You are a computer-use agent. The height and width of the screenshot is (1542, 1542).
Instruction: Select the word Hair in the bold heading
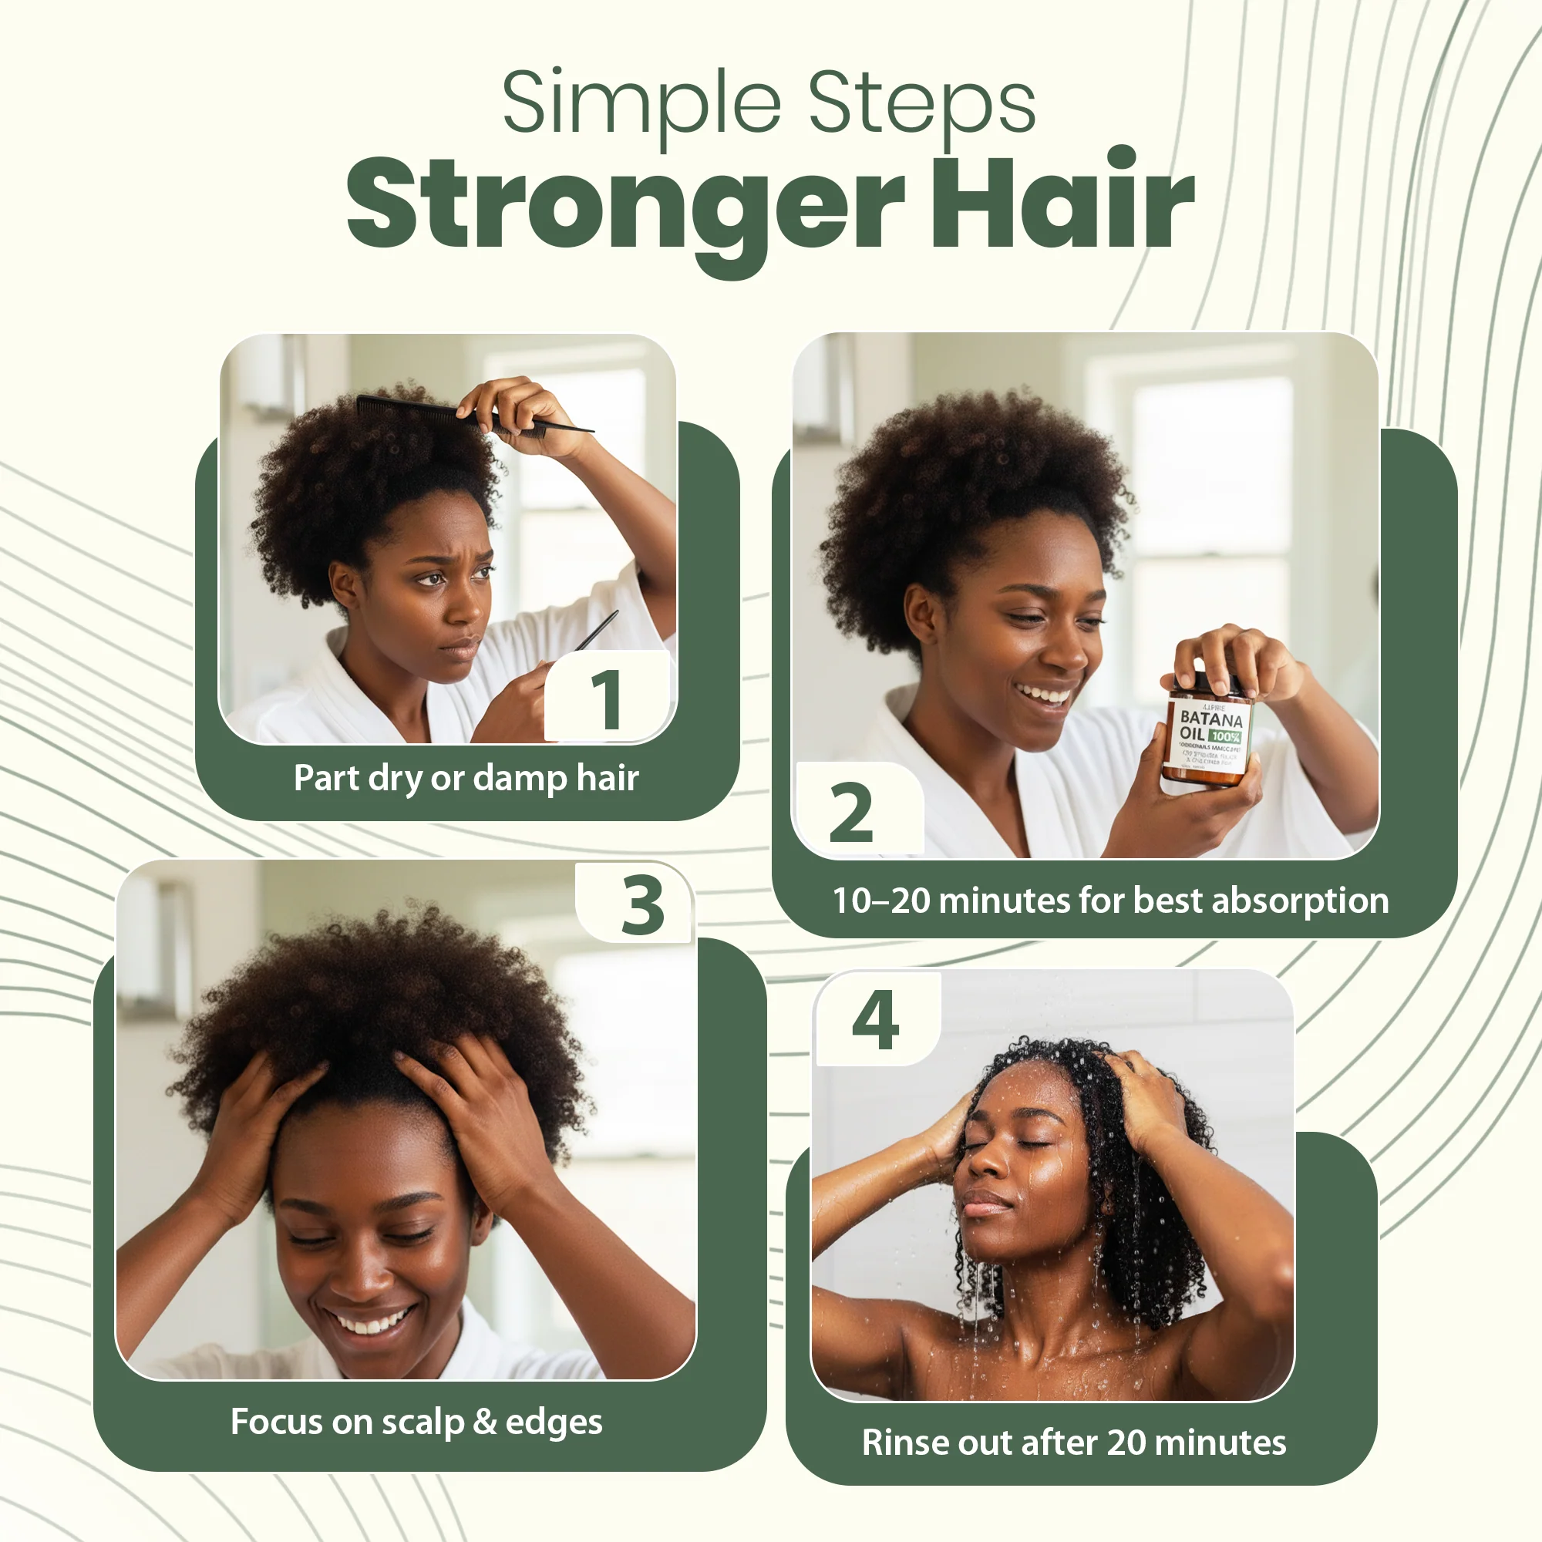[x=1062, y=204]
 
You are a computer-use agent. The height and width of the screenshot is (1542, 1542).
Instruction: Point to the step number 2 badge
[x=852, y=813]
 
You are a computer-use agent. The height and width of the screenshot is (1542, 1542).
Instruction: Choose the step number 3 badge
[x=642, y=905]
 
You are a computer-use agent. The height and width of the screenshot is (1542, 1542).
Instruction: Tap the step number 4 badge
[x=876, y=1020]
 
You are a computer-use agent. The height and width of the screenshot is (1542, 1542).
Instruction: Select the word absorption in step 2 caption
[x=1300, y=901]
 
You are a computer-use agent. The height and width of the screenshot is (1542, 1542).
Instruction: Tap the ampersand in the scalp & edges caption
[x=484, y=1422]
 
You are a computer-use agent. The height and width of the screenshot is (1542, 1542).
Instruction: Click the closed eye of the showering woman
[x=1035, y=1143]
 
